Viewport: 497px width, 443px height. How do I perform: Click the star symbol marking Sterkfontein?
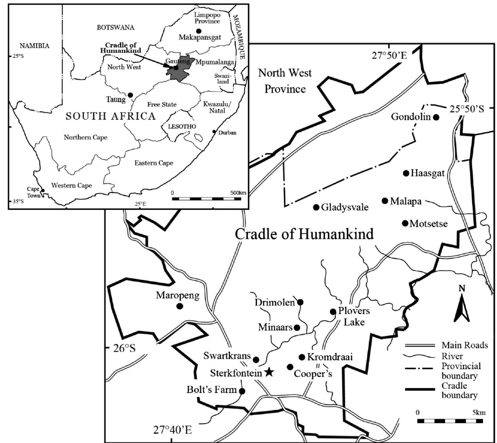tap(269, 372)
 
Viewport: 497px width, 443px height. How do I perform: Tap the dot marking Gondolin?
tap(436, 117)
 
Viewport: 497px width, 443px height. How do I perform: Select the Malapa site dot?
tap(385, 201)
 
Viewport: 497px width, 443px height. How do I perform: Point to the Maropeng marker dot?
tap(180, 306)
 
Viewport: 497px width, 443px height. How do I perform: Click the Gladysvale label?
tap(345, 207)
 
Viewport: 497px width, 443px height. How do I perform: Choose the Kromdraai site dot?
tap(302, 357)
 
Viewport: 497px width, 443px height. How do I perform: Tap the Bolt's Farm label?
tap(211, 390)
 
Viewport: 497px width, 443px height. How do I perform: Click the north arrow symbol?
tap(462, 308)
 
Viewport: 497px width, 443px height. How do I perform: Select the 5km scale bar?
tap(450, 421)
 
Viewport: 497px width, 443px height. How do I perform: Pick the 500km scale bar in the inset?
tap(207, 199)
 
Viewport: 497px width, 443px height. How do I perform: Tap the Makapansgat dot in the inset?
tap(198, 31)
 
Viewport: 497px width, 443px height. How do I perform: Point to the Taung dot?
tap(130, 95)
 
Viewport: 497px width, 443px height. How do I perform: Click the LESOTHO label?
tap(182, 126)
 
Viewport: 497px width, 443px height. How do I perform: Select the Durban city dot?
tap(214, 132)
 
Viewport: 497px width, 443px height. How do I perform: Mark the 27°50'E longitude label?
tap(389, 56)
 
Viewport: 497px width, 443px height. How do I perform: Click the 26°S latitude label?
tap(124, 348)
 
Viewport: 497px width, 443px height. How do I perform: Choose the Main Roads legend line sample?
tap(420, 345)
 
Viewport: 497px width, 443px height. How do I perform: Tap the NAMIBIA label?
tap(34, 46)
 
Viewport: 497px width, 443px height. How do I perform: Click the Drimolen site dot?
tap(300, 302)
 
